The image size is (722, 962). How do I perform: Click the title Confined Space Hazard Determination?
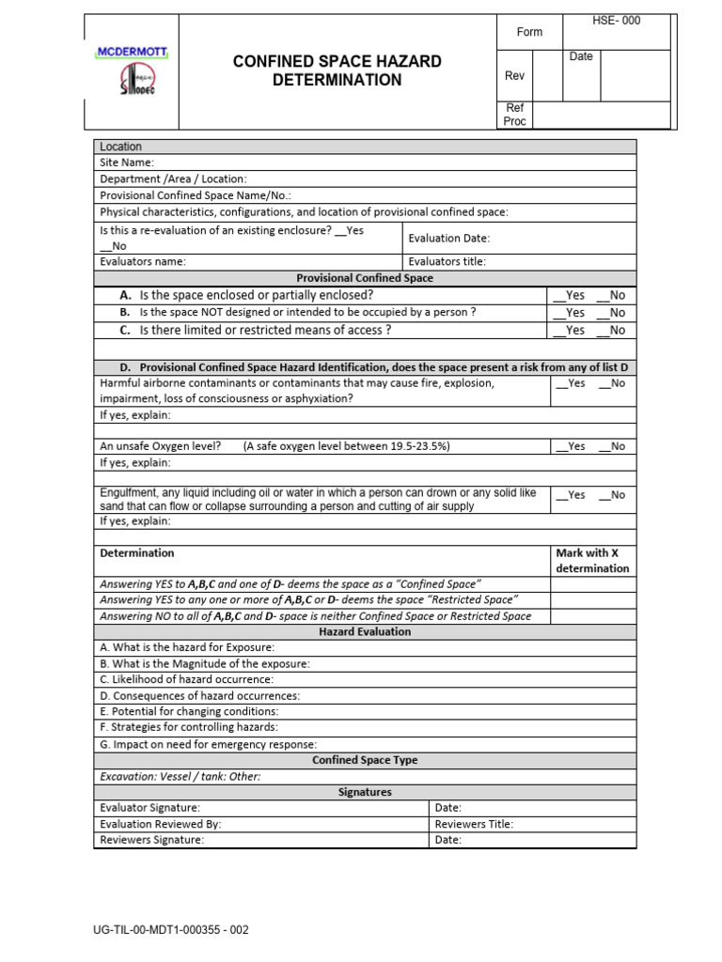[x=337, y=71]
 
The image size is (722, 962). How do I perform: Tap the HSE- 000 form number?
[x=618, y=21]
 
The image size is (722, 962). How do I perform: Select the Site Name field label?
[x=127, y=163]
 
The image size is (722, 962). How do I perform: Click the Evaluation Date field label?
[x=448, y=239]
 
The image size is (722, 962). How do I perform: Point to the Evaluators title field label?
[x=447, y=262]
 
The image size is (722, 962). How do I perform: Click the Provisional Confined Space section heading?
[x=365, y=278]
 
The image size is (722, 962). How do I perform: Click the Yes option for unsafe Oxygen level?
[x=571, y=446]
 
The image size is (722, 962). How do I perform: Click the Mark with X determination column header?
[x=592, y=561]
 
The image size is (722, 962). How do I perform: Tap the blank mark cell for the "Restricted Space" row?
[x=592, y=599]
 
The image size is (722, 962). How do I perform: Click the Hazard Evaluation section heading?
[x=365, y=632]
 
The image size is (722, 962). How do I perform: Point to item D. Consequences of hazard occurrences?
[x=200, y=696]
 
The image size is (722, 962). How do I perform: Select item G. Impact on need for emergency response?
[x=208, y=744]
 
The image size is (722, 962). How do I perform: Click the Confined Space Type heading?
[x=365, y=760]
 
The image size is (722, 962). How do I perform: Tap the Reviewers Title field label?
[x=474, y=824]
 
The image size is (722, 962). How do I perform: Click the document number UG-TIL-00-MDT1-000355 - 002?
[x=170, y=930]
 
